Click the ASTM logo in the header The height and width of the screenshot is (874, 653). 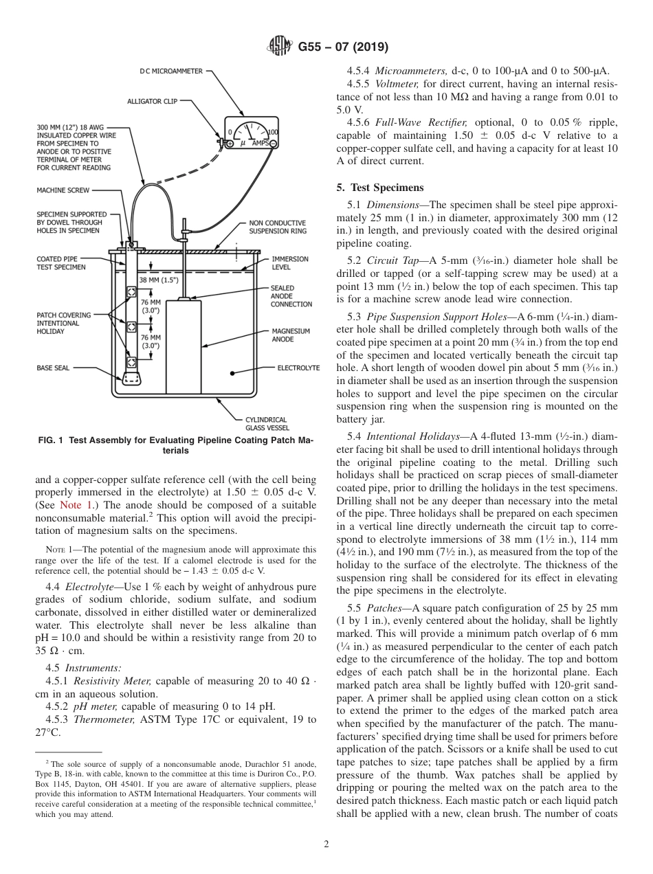point(279,47)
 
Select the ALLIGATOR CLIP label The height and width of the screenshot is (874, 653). point(153,101)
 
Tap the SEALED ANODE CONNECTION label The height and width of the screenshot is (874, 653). point(291,296)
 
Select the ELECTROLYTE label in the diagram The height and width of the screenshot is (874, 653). point(298,368)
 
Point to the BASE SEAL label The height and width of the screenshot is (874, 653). point(53,368)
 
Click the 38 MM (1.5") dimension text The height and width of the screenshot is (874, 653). point(159,280)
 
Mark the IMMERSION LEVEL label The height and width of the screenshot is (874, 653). point(289,263)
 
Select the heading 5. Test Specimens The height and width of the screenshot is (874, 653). point(380,188)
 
